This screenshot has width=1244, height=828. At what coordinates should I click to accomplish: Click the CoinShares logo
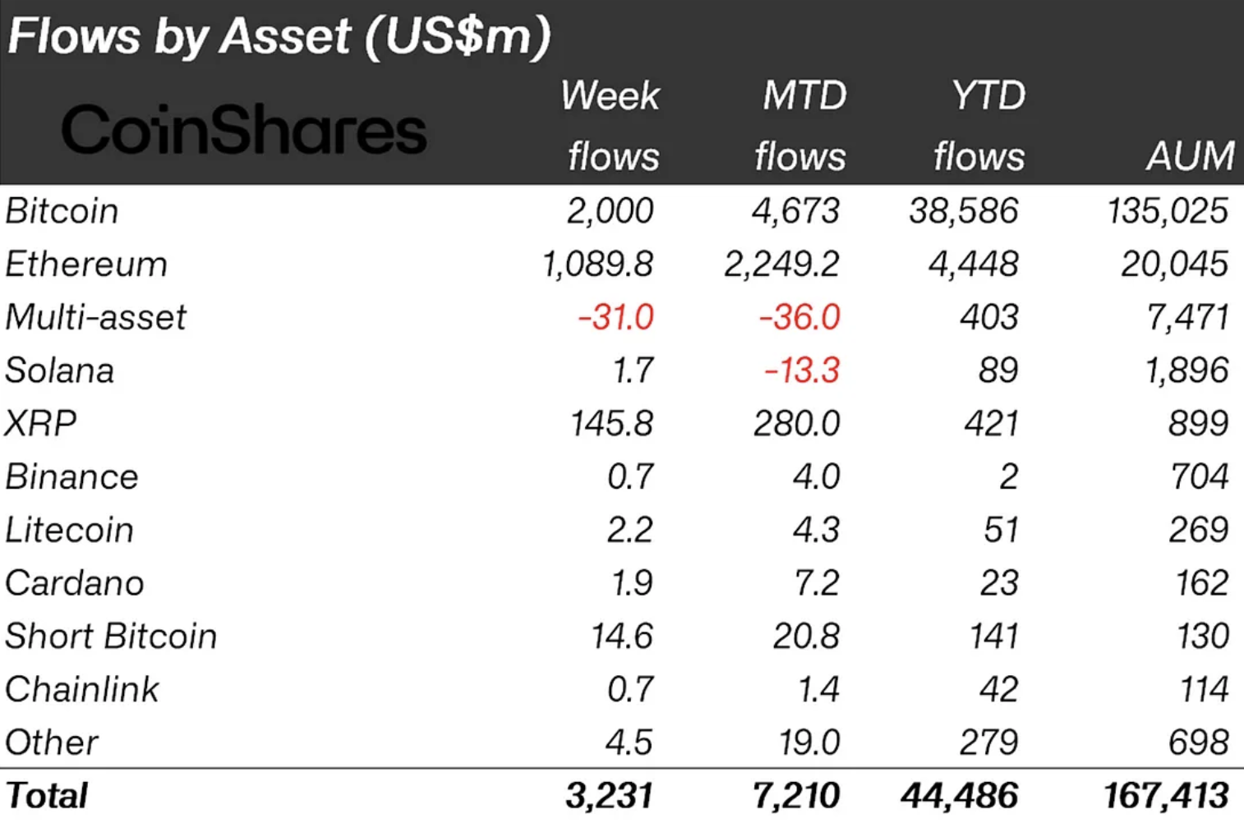(244, 130)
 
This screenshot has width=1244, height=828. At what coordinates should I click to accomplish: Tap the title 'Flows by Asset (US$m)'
(279, 36)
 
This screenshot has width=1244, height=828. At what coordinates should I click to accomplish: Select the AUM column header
(1190, 155)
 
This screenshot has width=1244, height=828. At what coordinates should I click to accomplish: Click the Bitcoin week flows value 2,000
(610, 211)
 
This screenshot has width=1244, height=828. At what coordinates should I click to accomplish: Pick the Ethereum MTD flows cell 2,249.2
(781, 264)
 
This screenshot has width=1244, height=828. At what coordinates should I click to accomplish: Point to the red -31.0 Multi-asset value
(615, 317)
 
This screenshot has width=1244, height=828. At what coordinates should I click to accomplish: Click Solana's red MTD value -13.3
(801, 370)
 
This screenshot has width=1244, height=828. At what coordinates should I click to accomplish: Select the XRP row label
(40, 424)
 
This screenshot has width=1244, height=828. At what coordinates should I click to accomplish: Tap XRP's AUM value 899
(1198, 424)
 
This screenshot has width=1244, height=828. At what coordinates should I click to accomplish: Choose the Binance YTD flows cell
(1008, 477)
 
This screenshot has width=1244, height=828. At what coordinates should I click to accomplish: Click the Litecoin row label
(69, 530)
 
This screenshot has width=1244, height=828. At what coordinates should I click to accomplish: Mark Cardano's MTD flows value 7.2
(816, 583)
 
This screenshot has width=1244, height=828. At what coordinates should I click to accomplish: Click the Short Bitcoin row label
(111, 637)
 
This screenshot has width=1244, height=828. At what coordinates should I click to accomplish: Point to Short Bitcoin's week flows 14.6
(622, 637)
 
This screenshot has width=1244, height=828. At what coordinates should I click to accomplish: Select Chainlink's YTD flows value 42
(998, 689)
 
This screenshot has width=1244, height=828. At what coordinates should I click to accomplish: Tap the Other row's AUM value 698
(1198, 743)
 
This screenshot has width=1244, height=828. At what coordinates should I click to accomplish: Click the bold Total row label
(47, 796)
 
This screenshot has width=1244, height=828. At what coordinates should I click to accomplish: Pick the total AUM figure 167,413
(1166, 796)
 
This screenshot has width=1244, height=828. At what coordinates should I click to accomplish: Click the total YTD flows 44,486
(959, 796)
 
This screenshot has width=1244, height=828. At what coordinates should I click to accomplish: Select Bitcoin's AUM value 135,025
(1167, 211)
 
